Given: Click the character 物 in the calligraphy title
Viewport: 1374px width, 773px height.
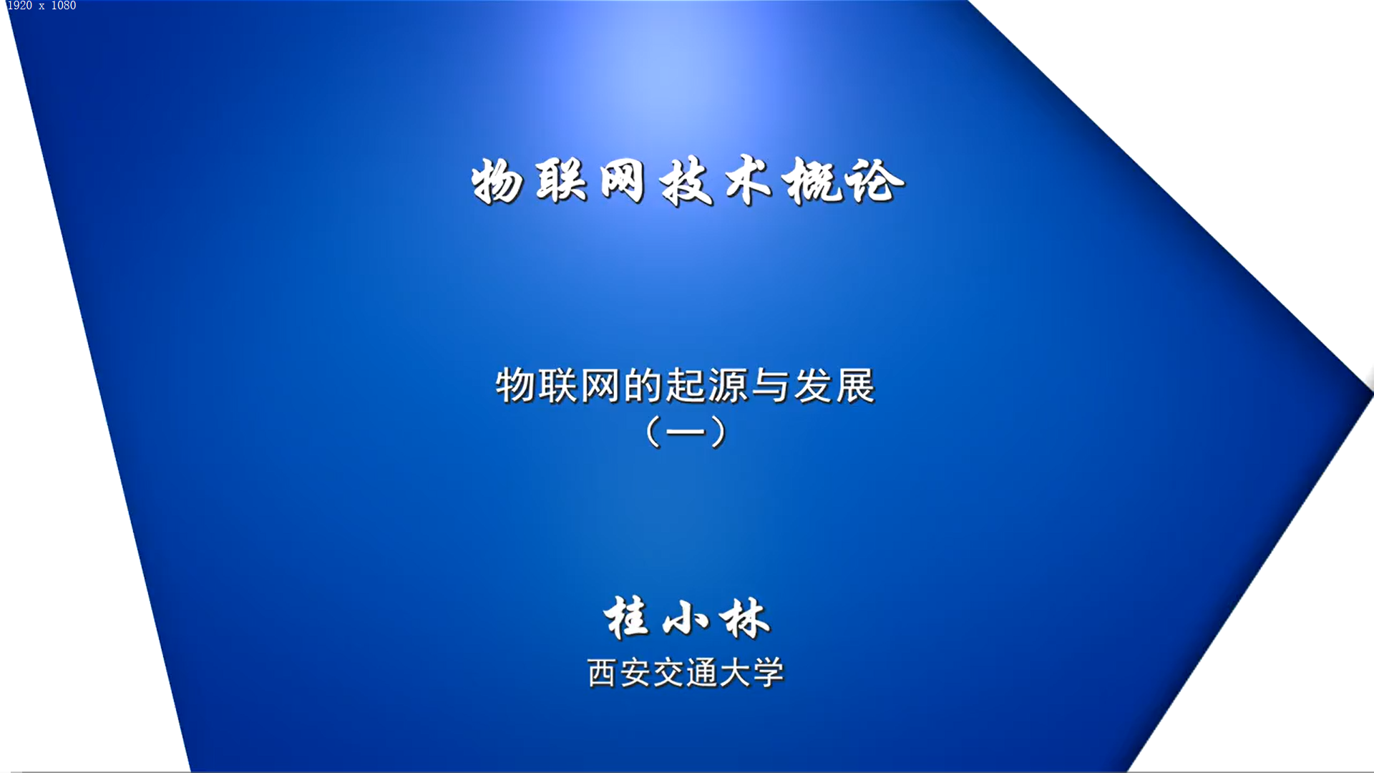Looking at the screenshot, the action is point(497,182).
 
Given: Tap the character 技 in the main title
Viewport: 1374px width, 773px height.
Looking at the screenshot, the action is point(686,182).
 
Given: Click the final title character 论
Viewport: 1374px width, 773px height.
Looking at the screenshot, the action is point(874,181).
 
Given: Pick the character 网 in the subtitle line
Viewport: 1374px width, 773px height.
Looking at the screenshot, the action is point(600,386).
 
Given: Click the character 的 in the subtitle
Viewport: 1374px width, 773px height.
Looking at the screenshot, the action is point(643,386).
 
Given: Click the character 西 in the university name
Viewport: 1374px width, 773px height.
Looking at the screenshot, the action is point(602,674).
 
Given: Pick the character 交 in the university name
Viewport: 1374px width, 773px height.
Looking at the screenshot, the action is point(669,674).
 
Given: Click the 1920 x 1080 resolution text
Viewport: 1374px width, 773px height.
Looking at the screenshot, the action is point(42,6).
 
